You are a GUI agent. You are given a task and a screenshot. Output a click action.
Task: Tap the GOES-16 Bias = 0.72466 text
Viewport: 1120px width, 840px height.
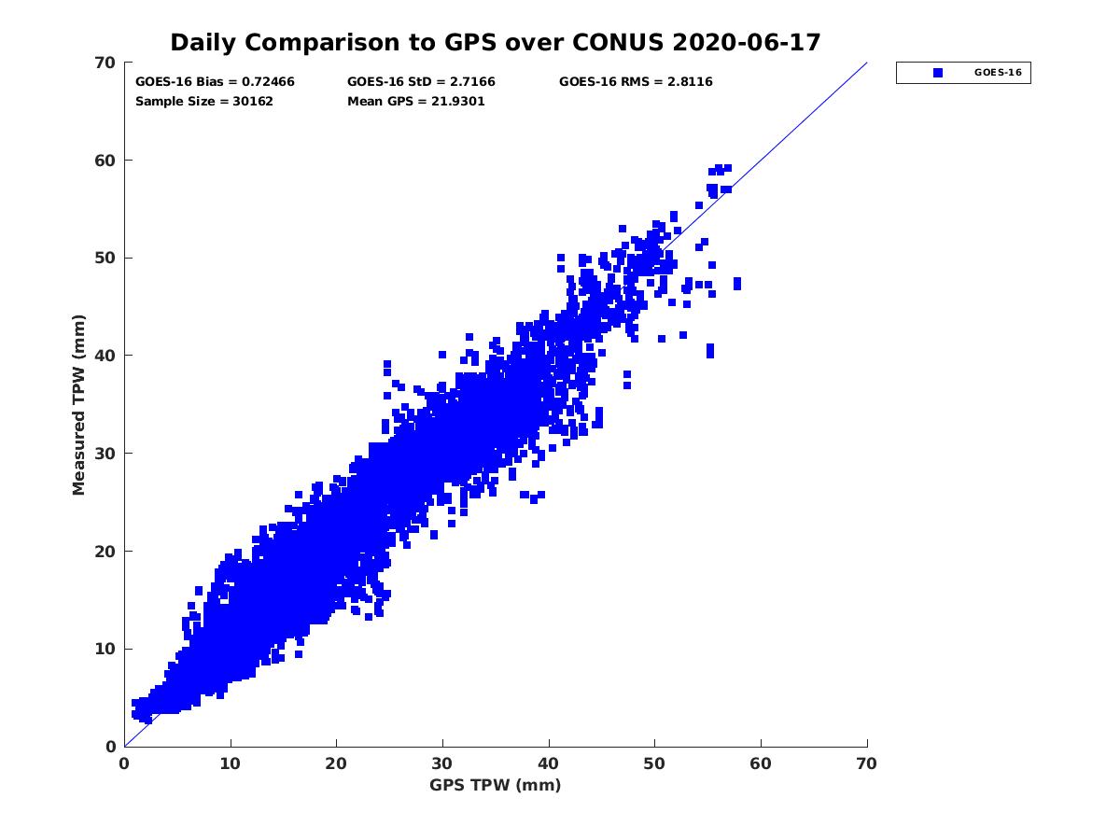pyautogui.click(x=215, y=82)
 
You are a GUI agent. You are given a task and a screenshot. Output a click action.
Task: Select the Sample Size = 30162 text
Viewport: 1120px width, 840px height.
pyautogui.click(x=204, y=101)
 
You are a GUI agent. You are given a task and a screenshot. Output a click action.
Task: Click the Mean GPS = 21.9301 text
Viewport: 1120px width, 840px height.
pyautogui.click(x=416, y=101)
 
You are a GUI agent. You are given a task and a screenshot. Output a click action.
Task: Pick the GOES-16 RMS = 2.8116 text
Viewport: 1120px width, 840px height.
pyautogui.click(x=636, y=82)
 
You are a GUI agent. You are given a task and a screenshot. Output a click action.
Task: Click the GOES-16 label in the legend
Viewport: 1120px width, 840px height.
pyautogui.click(x=1001, y=73)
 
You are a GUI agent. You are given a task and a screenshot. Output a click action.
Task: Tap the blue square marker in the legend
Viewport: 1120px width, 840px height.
pyautogui.click(x=938, y=73)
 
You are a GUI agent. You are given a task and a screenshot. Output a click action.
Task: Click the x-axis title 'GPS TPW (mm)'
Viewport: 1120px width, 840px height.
pyautogui.click(x=496, y=785)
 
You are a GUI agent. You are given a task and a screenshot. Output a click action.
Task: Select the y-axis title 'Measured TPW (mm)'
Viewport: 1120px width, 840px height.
pyautogui.click(x=78, y=405)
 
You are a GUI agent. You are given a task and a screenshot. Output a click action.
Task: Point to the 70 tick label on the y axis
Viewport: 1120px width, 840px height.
pyautogui.click(x=105, y=63)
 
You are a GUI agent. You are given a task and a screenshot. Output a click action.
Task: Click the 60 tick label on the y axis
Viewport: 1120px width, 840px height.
pyautogui.click(x=105, y=161)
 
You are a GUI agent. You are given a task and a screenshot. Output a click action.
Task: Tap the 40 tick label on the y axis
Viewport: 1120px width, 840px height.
pyautogui.click(x=105, y=356)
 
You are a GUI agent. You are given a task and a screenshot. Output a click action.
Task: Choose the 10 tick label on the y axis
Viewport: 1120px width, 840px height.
pyautogui.click(x=105, y=649)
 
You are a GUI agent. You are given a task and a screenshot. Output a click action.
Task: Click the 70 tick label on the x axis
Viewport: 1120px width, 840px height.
pyautogui.click(x=867, y=763)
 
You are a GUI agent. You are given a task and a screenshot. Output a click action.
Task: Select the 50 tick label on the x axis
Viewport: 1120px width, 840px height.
pyautogui.click(x=655, y=763)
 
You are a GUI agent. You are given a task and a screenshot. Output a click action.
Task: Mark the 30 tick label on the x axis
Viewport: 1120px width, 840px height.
pyautogui.click(x=442, y=763)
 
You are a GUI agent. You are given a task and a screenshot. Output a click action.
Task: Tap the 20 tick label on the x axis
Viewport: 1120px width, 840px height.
pyautogui.click(x=337, y=763)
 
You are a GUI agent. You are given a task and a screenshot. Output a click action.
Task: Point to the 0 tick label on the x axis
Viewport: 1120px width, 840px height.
pyautogui.click(x=125, y=763)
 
